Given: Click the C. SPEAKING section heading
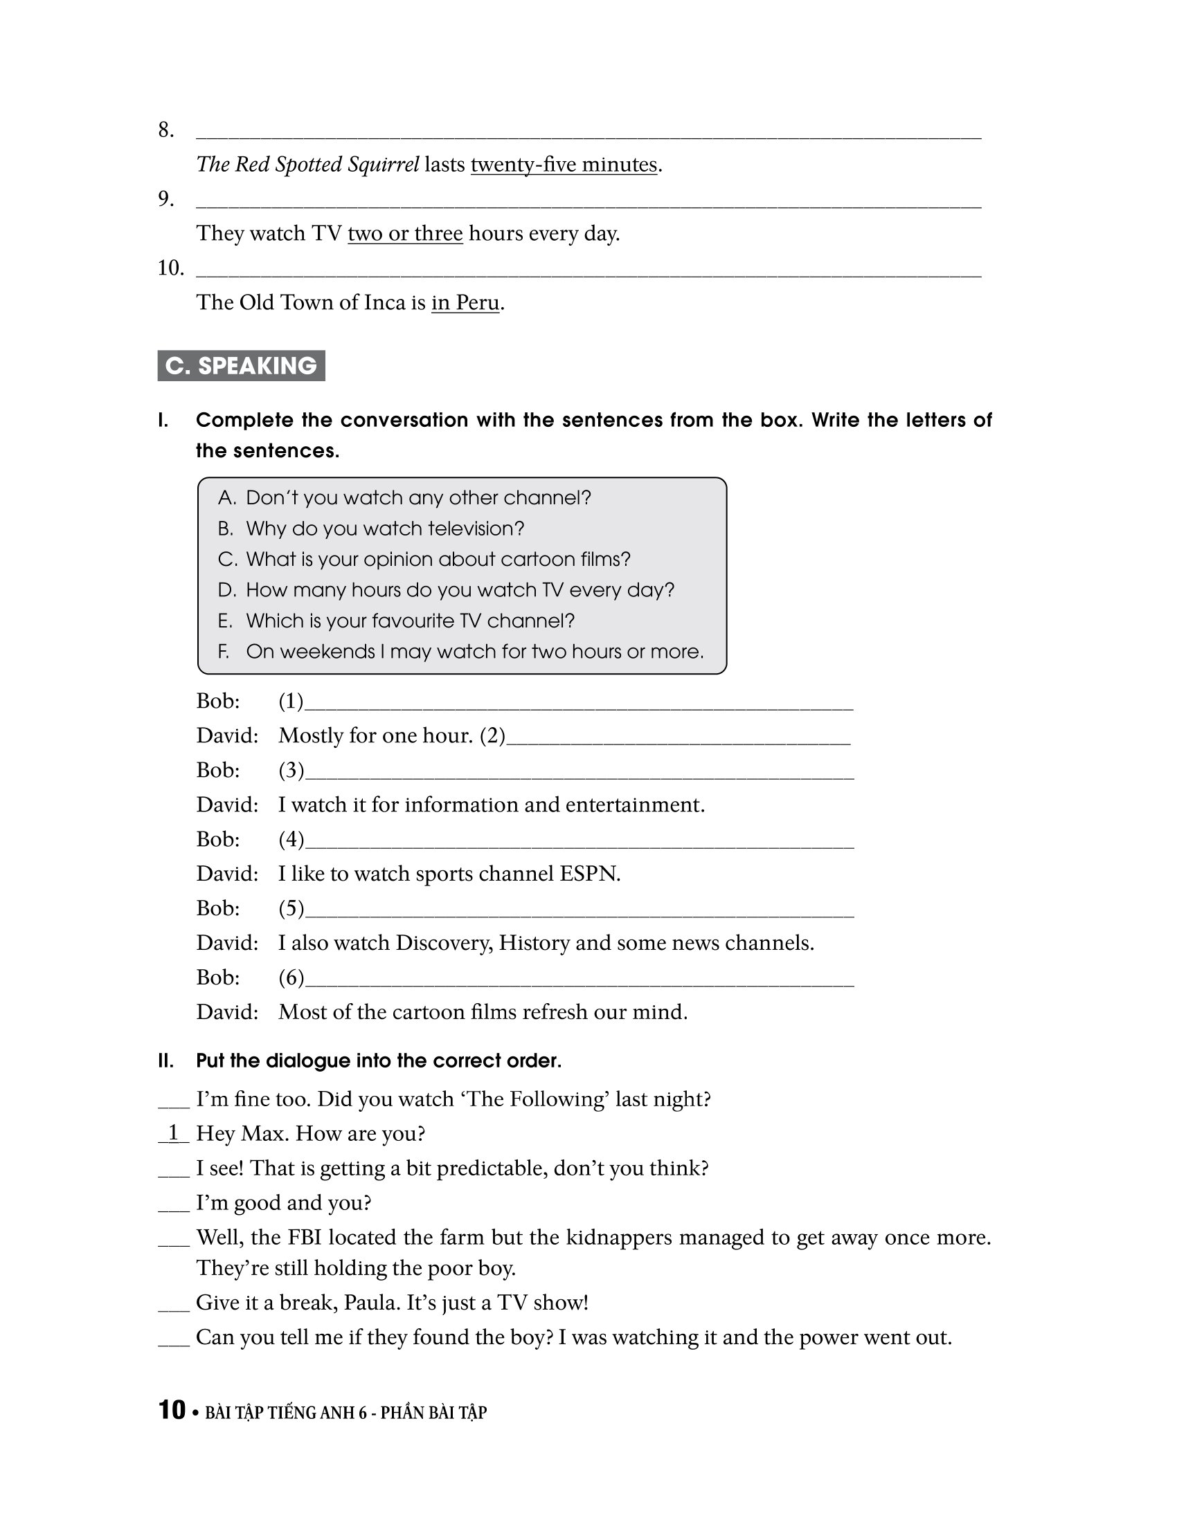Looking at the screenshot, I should [241, 366].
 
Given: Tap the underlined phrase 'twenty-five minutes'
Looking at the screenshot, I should [564, 165].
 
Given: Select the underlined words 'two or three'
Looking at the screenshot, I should [405, 233].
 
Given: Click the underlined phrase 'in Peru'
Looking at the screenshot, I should [465, 302].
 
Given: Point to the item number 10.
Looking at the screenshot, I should [170, 268].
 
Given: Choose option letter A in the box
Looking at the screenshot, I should [226, 497].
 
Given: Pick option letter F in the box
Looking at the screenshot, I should [224, 652].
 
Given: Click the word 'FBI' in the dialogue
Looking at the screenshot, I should [304, 1237].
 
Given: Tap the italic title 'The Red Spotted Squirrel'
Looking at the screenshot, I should [307, 165].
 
